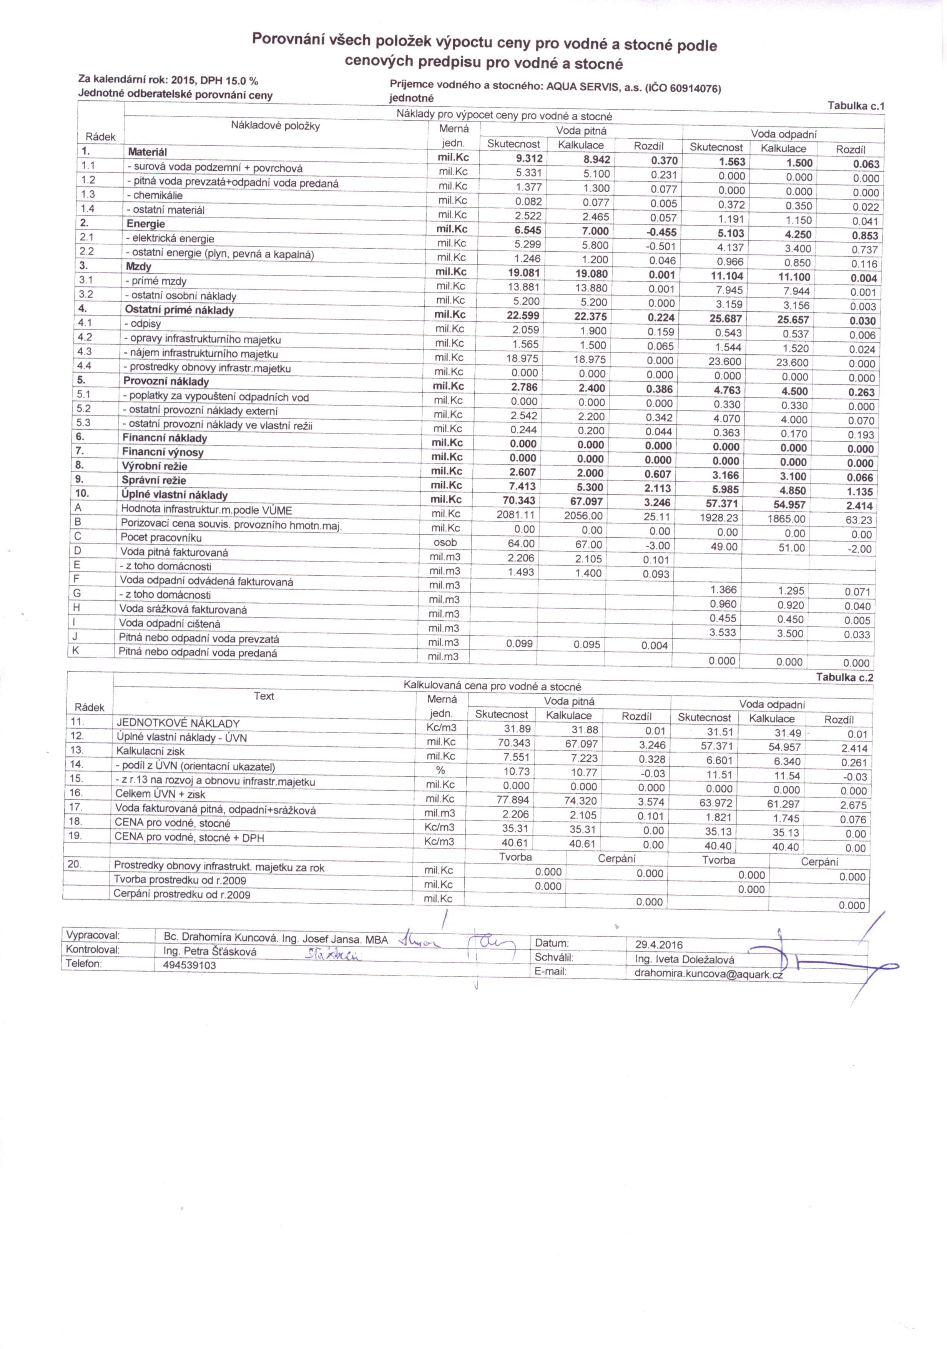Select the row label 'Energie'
click(x=146, y=224)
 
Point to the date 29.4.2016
click(x=658, y=945)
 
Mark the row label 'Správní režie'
click(x=154, y=480)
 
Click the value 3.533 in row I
click(x=722, y=633)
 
